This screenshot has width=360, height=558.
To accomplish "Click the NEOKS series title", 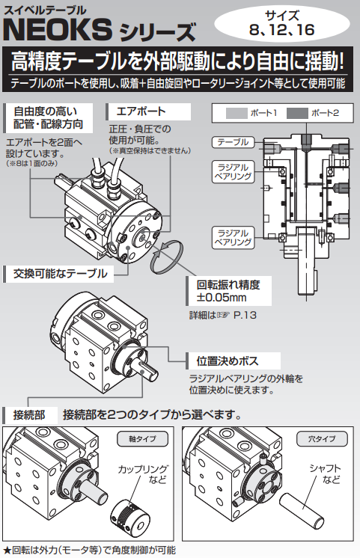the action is (x=100, y=30).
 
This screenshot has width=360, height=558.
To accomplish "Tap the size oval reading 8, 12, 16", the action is (x=281, y=23).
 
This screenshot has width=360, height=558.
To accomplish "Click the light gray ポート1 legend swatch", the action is (x=237, y=113).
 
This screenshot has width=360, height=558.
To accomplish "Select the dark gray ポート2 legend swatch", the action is (x=297, y=113).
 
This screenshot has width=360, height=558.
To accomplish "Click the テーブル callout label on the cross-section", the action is (x=234, y=142).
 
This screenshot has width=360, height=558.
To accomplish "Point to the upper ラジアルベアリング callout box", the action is (x=234, y=172).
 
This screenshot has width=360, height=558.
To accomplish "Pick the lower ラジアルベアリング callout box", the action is (x=234, y=238).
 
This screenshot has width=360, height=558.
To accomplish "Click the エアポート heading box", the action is (x=148, y=111).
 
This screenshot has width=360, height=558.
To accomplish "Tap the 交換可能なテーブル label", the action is (x=59, y=274).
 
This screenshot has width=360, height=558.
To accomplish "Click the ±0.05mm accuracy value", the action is (x=222, y=298).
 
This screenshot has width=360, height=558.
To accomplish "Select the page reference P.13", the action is (x=245, y=316).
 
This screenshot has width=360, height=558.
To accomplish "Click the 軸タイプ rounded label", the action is (x=142, y=439).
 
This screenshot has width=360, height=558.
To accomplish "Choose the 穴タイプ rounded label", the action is (x=322, y=439).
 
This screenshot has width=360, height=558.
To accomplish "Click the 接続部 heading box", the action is (x=29, y=415).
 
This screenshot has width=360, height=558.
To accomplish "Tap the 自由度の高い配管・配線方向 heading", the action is (x=48, y=117).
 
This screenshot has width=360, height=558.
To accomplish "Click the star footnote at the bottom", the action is (x=89, y=551).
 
